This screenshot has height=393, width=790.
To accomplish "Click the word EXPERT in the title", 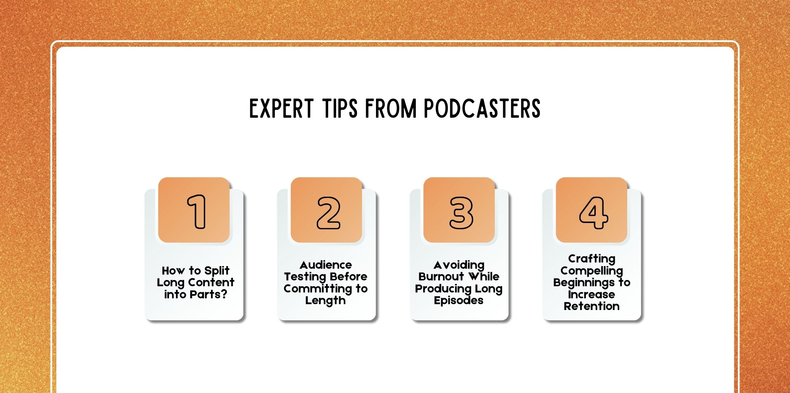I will point(281,109).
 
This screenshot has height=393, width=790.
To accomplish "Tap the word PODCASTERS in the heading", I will point(482,109).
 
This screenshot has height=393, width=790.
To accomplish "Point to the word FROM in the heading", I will point(391,109).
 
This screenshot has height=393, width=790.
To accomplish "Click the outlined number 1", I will point(197,212).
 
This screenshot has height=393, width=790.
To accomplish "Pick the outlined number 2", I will point(328,213).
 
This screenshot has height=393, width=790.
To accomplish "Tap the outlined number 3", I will point(461,213).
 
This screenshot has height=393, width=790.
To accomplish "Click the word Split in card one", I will point(217,271).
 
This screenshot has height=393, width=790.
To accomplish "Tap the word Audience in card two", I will point(326,265).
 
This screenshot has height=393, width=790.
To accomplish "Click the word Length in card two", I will point(325,301).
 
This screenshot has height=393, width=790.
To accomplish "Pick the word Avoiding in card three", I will point(459,265).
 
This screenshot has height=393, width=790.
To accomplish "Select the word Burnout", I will point(441,276).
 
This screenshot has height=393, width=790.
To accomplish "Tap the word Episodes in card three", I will point(458,301).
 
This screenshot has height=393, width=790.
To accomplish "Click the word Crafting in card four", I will point(591,259).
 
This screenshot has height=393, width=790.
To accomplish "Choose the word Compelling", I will point(591,271).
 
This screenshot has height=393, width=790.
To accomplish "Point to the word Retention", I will point(591,306).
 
